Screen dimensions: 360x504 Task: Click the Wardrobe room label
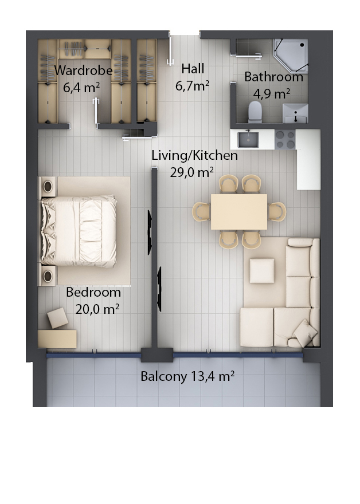point(83,70)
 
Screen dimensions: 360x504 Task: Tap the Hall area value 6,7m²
point(193,86)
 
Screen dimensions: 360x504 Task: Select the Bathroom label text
point(273,77)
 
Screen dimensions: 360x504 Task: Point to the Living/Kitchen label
point(195,156)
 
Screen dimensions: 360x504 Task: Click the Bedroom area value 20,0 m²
point(97,309)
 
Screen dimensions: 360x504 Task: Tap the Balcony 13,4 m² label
point(187,376)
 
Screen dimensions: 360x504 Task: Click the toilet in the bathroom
point(256,112)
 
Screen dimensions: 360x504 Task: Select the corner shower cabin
point(291,56)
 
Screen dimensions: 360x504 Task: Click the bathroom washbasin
point(295,113)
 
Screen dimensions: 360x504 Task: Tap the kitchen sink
point(248,139)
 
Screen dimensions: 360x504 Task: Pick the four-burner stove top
point(285,139)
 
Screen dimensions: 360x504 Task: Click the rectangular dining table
point(239,212)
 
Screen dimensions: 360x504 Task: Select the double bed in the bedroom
point(79,231)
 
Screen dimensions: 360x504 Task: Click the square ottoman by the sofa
point(262,271)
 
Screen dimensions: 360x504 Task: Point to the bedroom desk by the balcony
point(57,339)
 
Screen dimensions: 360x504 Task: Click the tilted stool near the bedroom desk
point(57,318)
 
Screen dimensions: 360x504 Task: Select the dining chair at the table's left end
point(201,212)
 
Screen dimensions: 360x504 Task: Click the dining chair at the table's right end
point(277,212)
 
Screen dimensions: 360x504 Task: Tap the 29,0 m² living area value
point(191,172)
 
